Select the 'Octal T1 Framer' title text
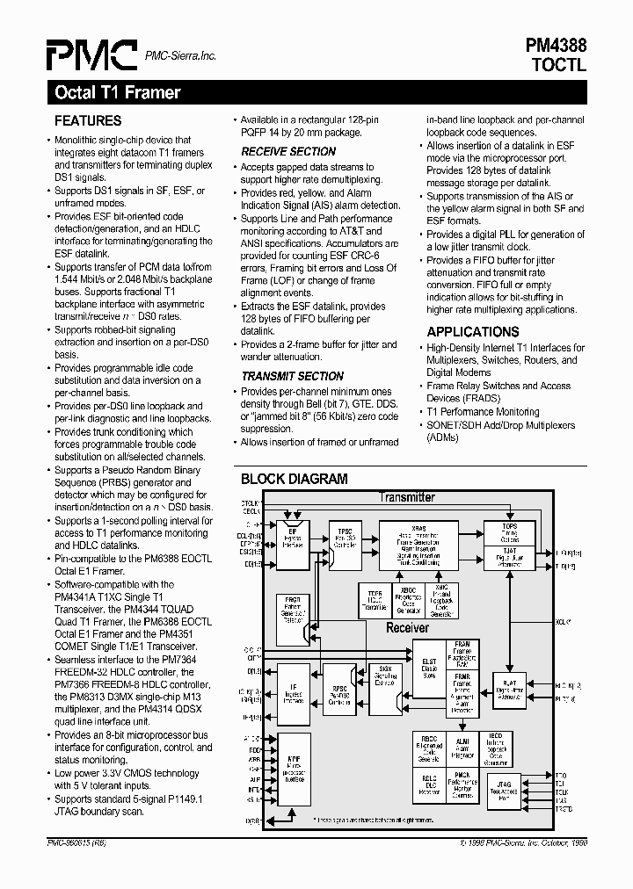tap(118, 92)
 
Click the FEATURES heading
tap(88, 120)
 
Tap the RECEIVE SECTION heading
tap(288, 151)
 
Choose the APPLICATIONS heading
tap(473, 331)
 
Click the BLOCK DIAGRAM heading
tap(295, 479)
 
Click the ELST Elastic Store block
tap(428, 669)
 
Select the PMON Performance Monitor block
tap(461, 784)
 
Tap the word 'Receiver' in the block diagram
tap(408, 627)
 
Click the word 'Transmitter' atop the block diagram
tap(406, 497)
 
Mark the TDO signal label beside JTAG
tap(561, 776)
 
